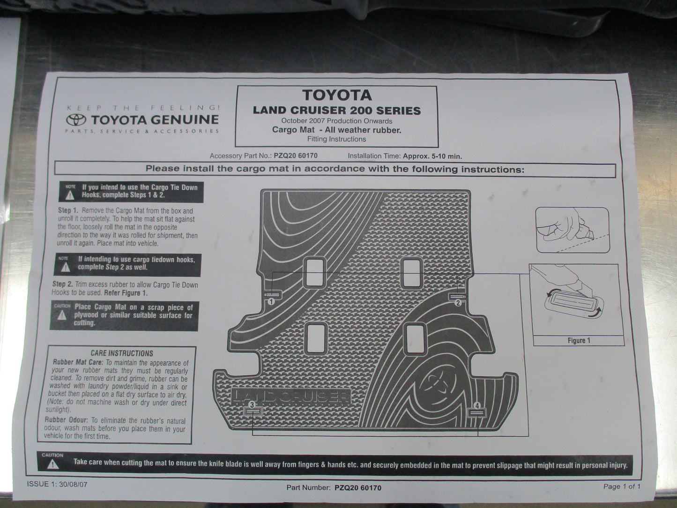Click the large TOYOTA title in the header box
(x=337, y=95)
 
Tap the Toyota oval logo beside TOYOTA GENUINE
(x=76, y=120)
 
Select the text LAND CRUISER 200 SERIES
(x=337, y=111)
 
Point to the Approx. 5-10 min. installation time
(x=432, y=156)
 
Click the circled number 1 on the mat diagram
(x=271, y=302)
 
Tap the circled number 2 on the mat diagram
(x=458, y=303)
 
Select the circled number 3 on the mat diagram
(x=252, y=404)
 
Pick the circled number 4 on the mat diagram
(x=477, y=405)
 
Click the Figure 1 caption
(x=579, y=341)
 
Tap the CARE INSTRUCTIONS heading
(x=122, y=353)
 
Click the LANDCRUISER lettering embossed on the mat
(x=291, y=396)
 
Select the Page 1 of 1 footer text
(x=621, y=486)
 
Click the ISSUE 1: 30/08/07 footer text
(x=57, y=484)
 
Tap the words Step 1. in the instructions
(x=68, y=211)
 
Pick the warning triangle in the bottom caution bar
(x=53, y=464)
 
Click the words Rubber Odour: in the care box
(x=66, y=420)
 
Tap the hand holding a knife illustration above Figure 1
(x=572, y=230)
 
